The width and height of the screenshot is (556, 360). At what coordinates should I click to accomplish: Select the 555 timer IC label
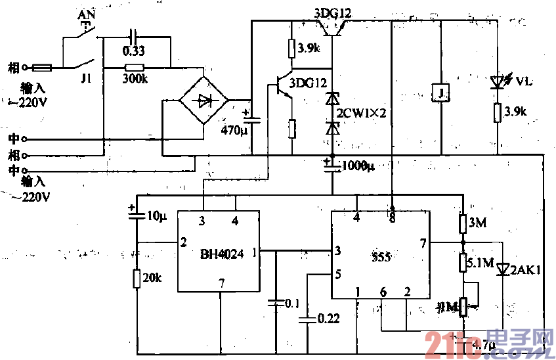(381, 258)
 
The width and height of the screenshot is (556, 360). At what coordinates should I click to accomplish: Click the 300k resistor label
(134, 79)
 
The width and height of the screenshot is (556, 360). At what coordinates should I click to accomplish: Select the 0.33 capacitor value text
(134, 51)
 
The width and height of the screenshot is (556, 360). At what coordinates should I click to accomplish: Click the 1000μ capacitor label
(358, 165)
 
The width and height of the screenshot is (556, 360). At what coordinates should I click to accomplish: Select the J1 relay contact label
(85, 78)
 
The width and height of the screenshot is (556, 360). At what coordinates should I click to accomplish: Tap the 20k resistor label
(152, 277)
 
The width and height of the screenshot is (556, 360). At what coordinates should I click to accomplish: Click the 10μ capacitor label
(155, 215)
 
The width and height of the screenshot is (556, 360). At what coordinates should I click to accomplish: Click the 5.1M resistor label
(479, 263)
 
